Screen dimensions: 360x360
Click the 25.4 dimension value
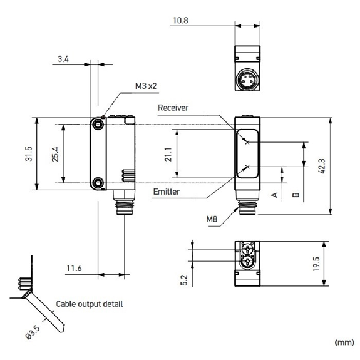[x=56, y=153]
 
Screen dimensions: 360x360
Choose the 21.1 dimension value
[x=168, y=153]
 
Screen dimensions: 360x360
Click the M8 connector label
[x=212, y=219]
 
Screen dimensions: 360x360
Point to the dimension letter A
[x=274, y=195]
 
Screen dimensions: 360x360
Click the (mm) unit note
[x=343, y=341]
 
